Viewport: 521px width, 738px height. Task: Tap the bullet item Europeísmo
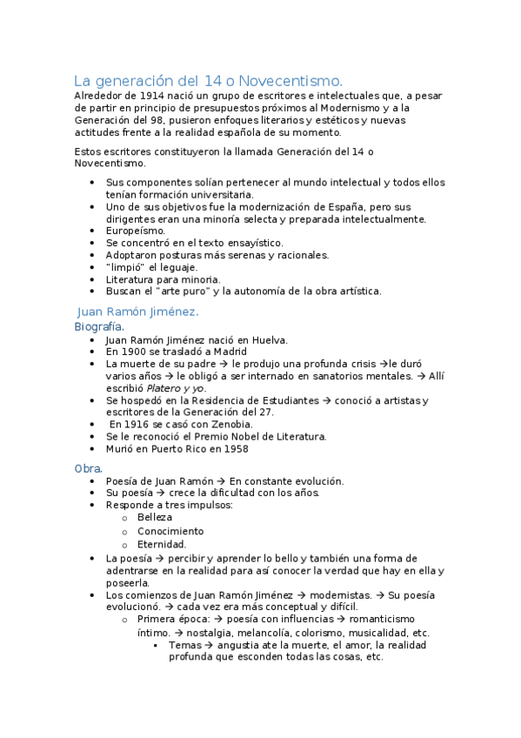point(135,231)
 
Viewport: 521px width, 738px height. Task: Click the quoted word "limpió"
point(124,267)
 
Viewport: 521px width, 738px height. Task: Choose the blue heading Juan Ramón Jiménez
point(138,311)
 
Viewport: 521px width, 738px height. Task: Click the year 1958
point(235,449)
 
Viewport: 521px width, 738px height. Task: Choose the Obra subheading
point(87,468)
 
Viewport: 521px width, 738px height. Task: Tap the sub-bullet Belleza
point(155,517)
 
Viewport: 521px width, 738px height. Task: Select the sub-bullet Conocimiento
point(170,531)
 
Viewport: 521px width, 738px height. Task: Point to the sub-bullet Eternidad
point(161,545)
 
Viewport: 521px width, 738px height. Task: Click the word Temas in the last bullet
point(184,645)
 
